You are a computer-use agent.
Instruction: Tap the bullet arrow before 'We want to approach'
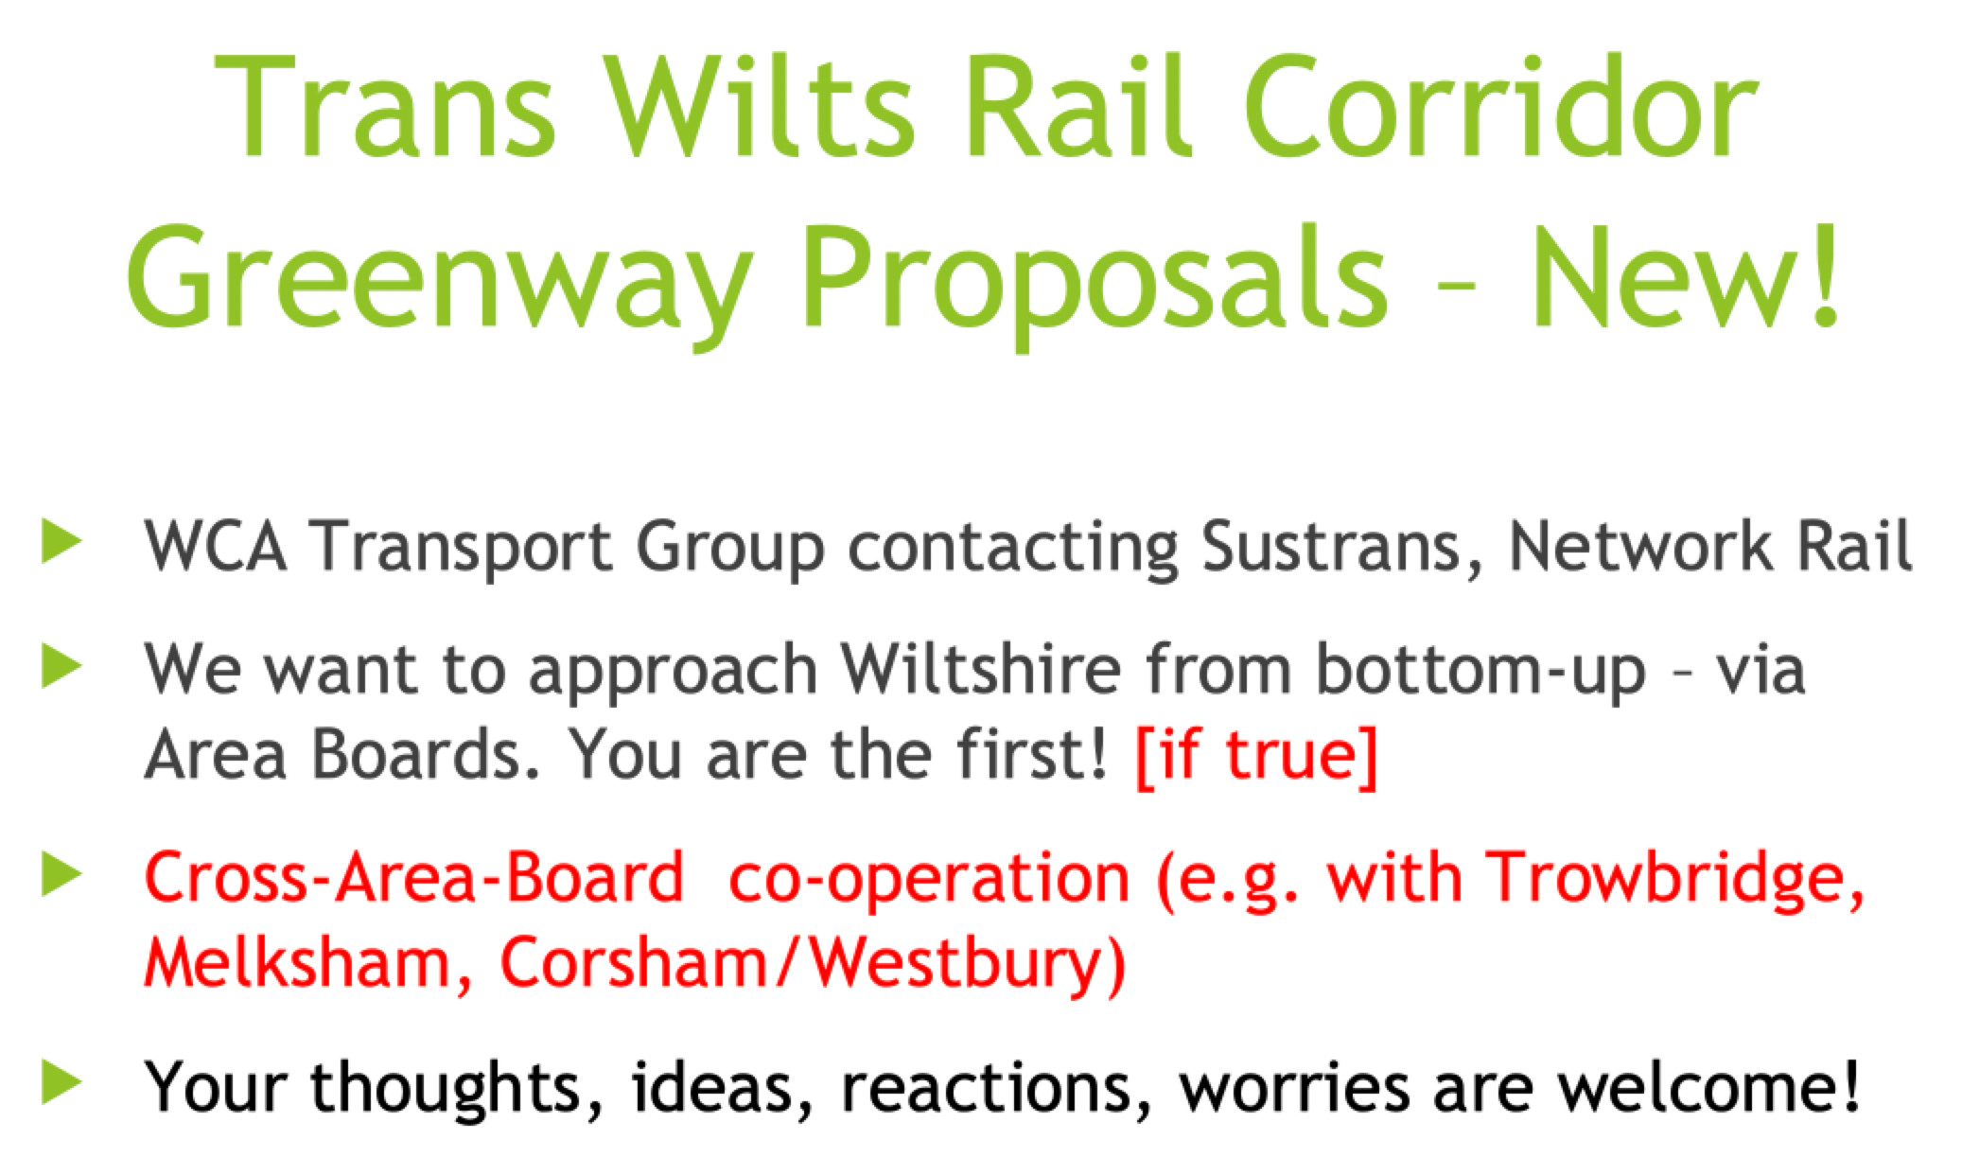coord(62,668)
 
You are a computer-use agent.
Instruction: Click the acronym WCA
coord(216,547)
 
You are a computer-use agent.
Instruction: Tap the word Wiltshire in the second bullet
coord(981,668)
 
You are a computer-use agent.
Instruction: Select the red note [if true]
coord(1255,755)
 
